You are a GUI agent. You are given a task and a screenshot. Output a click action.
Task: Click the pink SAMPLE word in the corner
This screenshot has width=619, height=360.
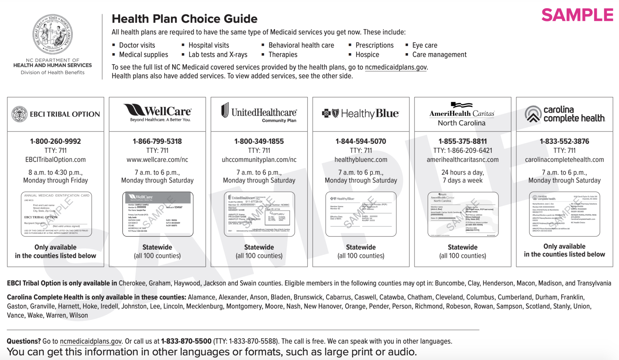click(x=577, y=15)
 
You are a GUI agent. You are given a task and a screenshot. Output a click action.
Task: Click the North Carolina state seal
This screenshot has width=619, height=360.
click(x=53, y=34)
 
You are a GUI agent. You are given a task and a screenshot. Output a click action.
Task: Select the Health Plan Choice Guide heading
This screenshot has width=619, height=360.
click(x=184, y=19)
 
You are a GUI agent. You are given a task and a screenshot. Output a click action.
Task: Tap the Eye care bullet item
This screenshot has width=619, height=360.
click(x=424, y=45)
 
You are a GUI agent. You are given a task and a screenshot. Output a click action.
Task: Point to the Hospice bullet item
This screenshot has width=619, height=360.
click(x=367, y=55)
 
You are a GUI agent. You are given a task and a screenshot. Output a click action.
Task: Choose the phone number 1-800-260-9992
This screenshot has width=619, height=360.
click(x=55, y=141)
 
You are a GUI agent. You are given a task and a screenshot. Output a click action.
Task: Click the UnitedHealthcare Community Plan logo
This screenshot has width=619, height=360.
click(x=259, y=113)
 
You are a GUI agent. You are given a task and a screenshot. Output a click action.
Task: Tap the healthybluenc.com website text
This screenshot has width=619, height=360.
click(x=361, y=160)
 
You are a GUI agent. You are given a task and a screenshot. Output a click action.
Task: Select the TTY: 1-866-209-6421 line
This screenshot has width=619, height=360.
click(x=462, y=150)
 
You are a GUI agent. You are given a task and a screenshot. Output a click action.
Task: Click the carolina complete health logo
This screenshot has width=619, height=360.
click(x=564, y=114)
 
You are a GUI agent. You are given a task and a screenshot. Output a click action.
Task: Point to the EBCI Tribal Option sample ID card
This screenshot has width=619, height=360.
click(x=56, y=214)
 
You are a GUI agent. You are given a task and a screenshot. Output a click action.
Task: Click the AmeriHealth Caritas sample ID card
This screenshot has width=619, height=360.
click(x=463, y=214)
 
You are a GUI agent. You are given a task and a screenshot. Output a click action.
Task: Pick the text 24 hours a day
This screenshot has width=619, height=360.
click(x=462, y=172)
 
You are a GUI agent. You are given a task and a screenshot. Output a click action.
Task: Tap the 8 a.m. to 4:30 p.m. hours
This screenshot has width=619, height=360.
click(x=55, y=172)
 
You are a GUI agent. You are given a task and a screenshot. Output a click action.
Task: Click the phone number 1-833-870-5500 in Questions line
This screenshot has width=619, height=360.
click(x=186, y=341)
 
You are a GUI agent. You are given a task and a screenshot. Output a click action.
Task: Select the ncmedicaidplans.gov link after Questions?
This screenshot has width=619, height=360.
click(x=90, y=341)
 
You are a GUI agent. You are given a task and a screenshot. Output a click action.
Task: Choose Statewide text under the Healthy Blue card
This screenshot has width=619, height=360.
click(x=361, y=247)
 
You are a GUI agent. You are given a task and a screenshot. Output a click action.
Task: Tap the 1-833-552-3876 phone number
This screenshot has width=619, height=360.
click(x=564, y=141)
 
